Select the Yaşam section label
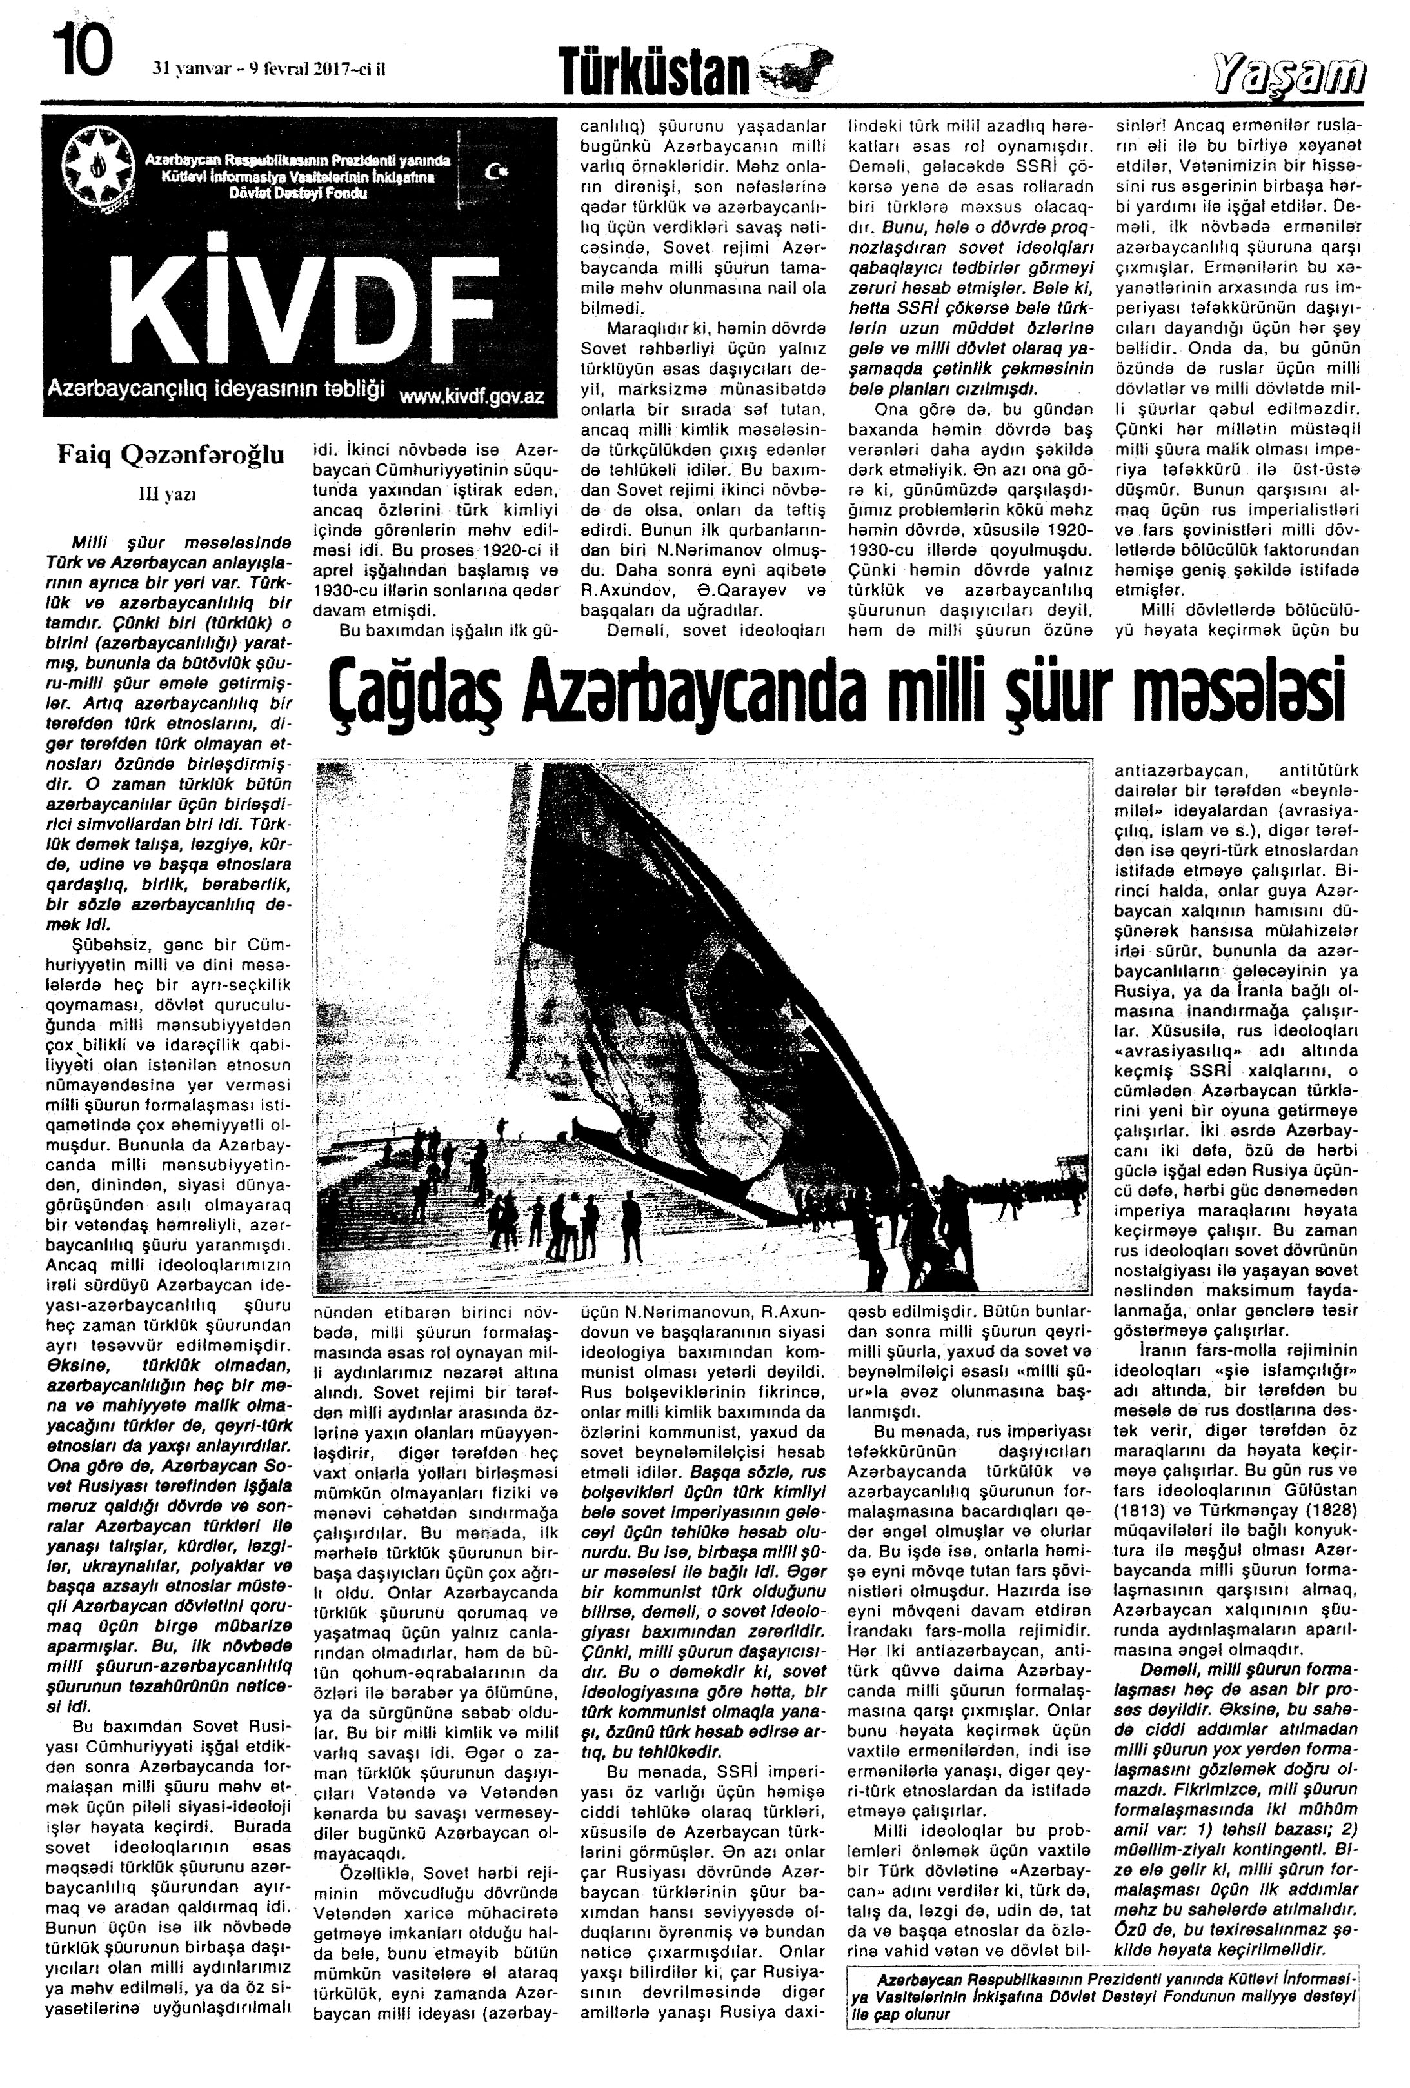[1288, 74]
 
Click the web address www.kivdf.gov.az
[472, 397]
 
